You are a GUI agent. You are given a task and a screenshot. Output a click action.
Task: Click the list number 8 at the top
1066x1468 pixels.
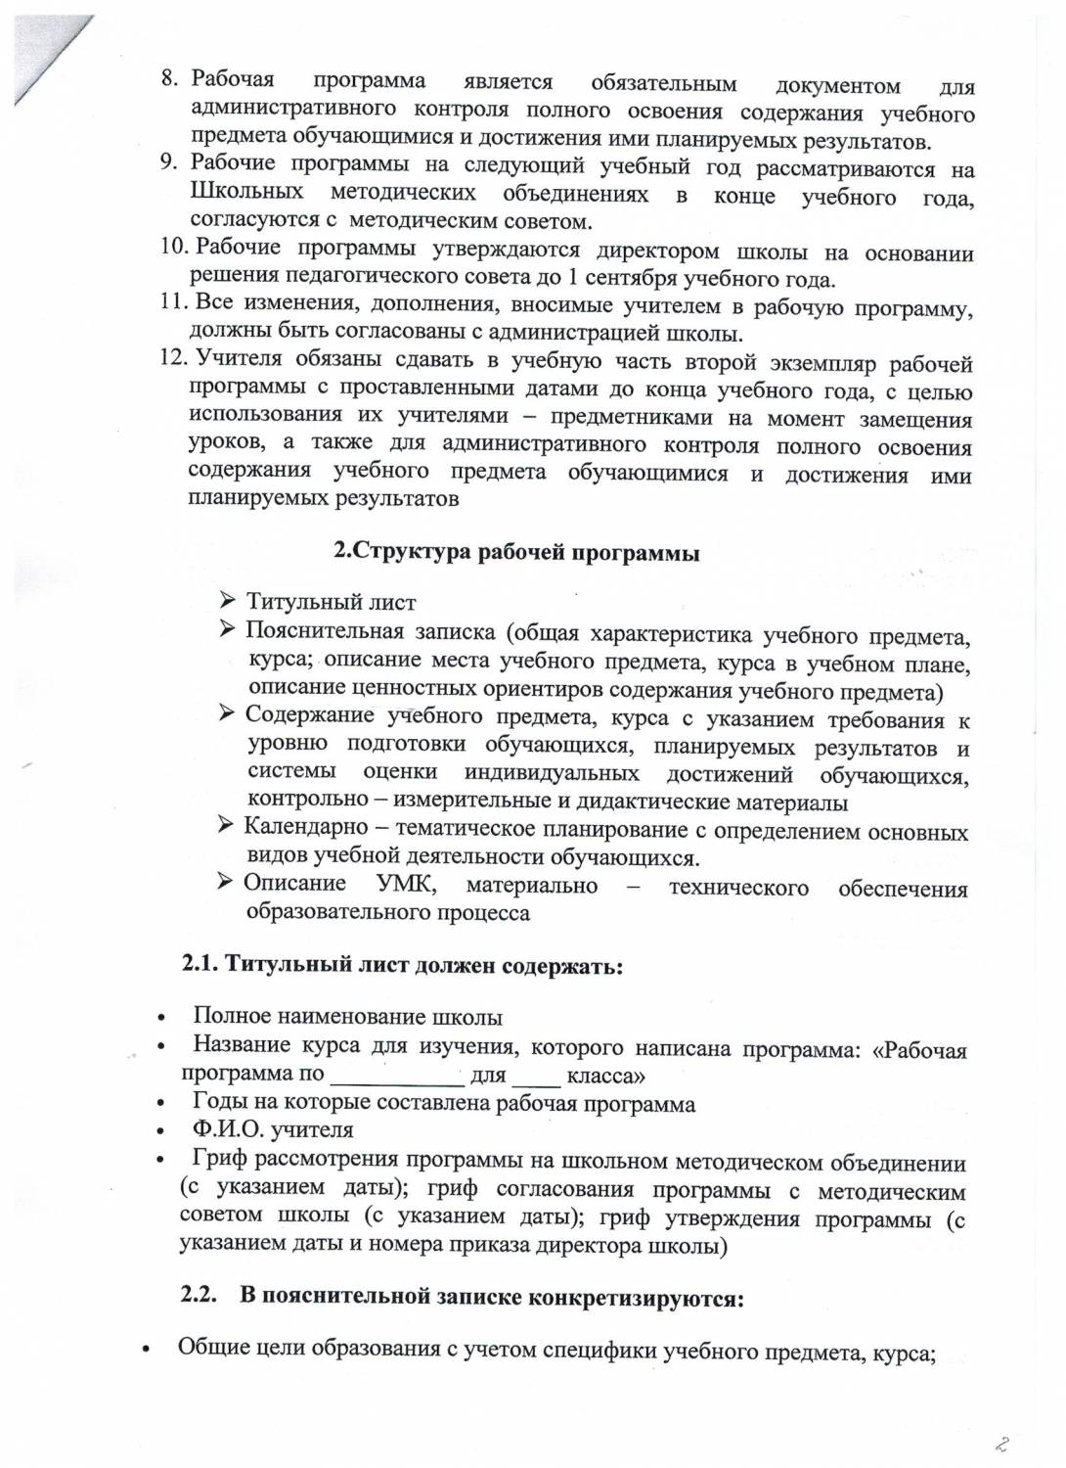click(x=168, y=78)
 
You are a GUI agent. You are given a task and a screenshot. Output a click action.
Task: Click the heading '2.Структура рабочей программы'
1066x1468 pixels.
click(x=517, y=552)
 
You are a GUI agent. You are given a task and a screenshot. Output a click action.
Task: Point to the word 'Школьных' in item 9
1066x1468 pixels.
click(x=246, y=192)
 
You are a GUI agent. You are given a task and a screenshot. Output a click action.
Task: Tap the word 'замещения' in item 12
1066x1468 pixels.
click(x=916, y=420)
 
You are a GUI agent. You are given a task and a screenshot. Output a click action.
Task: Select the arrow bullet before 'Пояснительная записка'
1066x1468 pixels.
click(x=227, y=629)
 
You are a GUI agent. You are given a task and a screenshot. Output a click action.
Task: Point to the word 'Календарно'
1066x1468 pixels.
click(x=306, y=828)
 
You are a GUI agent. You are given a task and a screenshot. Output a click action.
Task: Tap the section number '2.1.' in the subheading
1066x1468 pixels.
click(x=200, y=964)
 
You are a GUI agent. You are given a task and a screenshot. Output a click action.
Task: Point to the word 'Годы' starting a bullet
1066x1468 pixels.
click(x=219, y=1104)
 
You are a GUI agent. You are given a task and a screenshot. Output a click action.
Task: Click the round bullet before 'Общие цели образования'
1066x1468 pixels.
click(x=148, y=1352)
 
